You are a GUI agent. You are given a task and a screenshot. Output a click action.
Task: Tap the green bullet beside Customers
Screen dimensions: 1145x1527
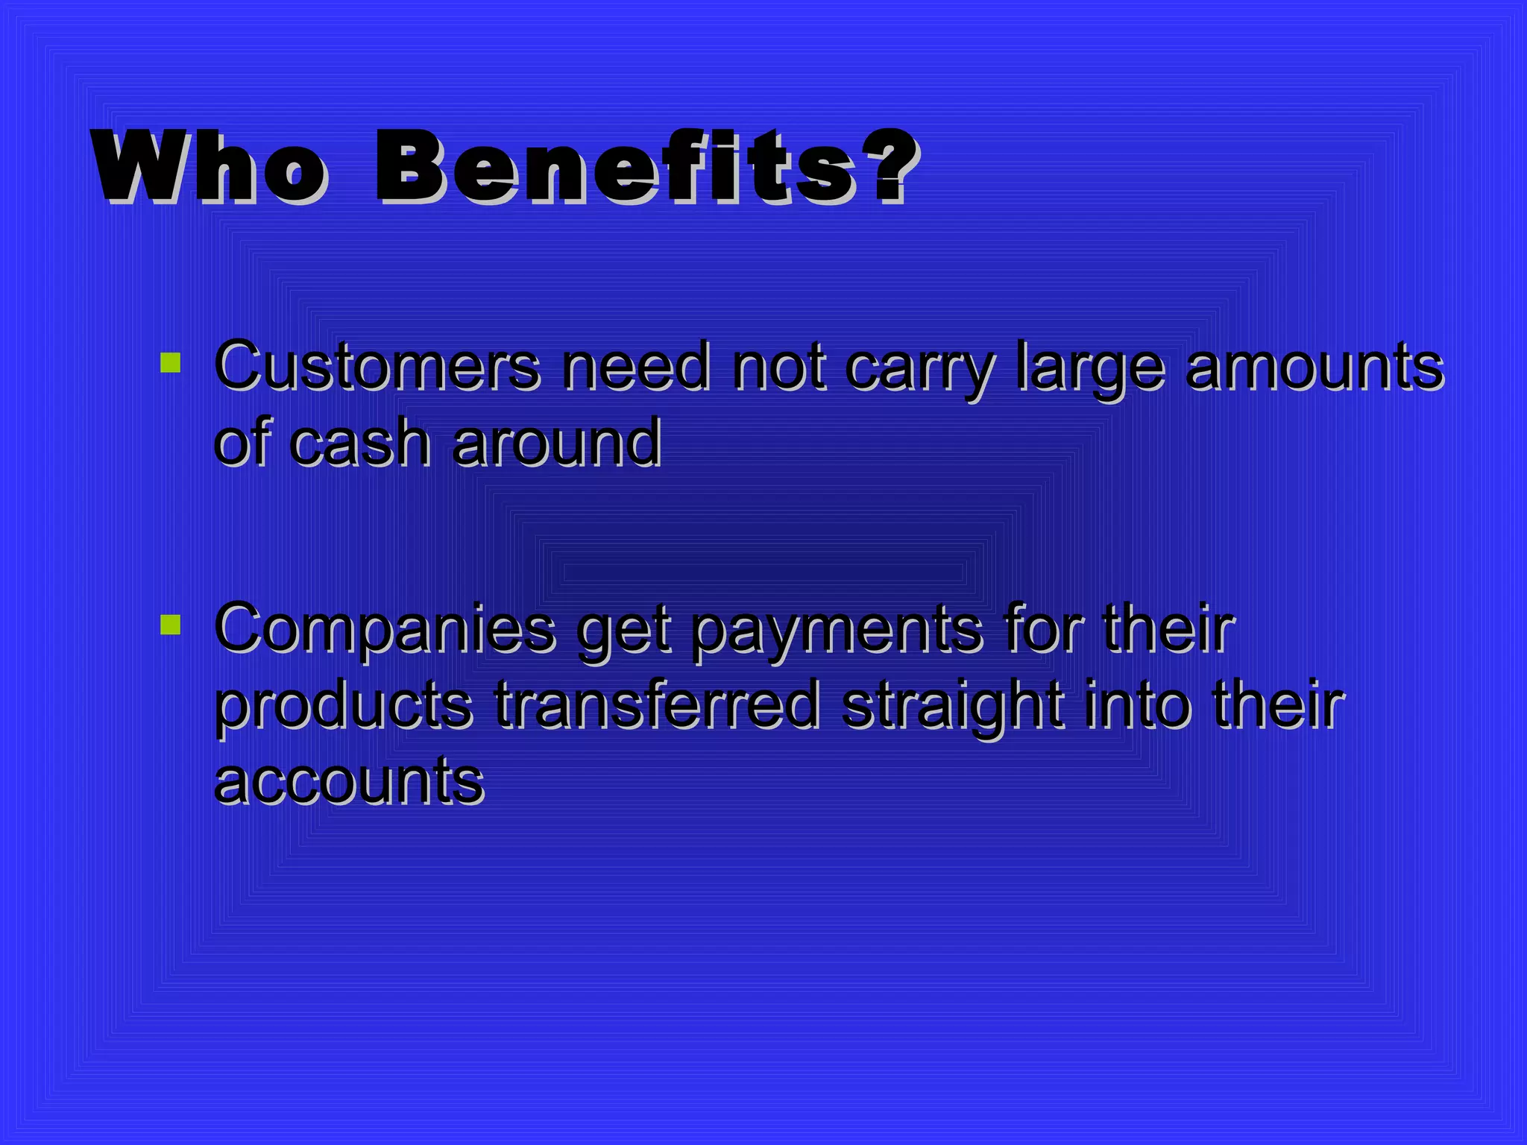[x=171, y=363]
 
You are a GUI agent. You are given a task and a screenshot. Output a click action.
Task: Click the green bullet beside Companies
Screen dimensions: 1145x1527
[x=171, y=625]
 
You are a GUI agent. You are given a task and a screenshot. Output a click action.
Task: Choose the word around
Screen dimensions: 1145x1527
[x=556, y=443]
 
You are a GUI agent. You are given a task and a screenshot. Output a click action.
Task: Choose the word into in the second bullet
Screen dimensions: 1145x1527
[x=1138, y=704]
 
